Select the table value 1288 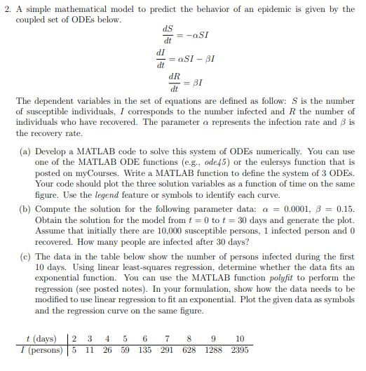pyautogui.click(x=212, y=349)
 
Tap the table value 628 pyautogui.click(x=188, y=349)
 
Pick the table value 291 pyautogui.click(x=167, y=349)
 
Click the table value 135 pyautogui.click(x=145, y=349)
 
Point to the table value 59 pyautogui.click(x=126, y=349)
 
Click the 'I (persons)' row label pyautogui.click(x=40, y=349)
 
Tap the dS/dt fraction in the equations pyautogui.click(x=168, y=33)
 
